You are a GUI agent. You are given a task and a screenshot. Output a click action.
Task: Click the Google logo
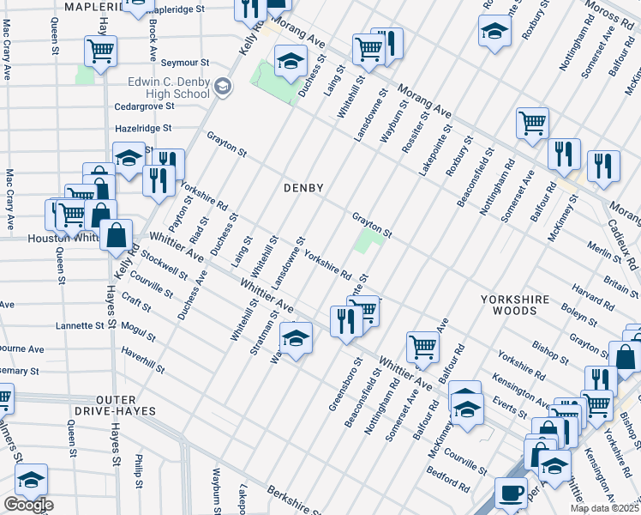tap(28, 505)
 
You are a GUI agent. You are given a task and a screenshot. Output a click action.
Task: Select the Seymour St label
tap(186, 63)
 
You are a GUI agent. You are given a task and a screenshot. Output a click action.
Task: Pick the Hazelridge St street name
tap(143, 128)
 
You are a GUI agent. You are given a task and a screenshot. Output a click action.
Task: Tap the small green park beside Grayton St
tap(368, 240)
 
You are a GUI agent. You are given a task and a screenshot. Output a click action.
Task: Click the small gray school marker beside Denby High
tap(222, 85)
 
